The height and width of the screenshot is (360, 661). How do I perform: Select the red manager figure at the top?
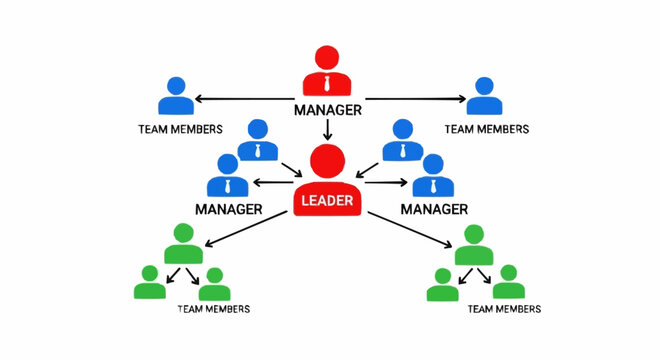click(327, 72)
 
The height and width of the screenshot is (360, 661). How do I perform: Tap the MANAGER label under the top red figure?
click(327, 109)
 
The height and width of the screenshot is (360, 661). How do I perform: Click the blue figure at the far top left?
click(176, 97)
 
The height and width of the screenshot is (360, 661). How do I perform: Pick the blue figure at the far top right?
click(485, 97)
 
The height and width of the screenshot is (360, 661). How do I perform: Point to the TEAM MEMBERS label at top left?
click(176, 129)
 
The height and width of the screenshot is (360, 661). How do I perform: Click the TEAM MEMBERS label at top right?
click(486, 129)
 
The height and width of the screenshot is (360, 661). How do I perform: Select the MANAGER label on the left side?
click(228, 209)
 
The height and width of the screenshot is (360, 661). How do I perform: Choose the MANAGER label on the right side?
click(434, 209)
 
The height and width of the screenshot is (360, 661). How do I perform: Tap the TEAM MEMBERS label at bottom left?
click(213, 309)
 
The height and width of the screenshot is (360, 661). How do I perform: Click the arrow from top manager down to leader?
click(327, 129)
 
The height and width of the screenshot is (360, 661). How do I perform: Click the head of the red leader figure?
click(327, 161)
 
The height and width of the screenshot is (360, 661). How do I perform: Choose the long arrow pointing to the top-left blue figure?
click(246, 98)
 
